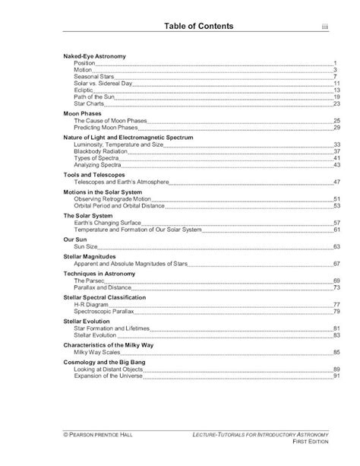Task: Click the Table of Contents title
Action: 204,27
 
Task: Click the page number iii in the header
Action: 324,28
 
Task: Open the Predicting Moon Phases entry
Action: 105,128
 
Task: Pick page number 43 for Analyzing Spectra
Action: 335,165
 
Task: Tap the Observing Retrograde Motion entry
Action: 111,199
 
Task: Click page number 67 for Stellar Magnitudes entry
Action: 335,263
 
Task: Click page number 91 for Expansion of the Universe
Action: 335,376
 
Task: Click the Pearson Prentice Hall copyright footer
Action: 101,431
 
